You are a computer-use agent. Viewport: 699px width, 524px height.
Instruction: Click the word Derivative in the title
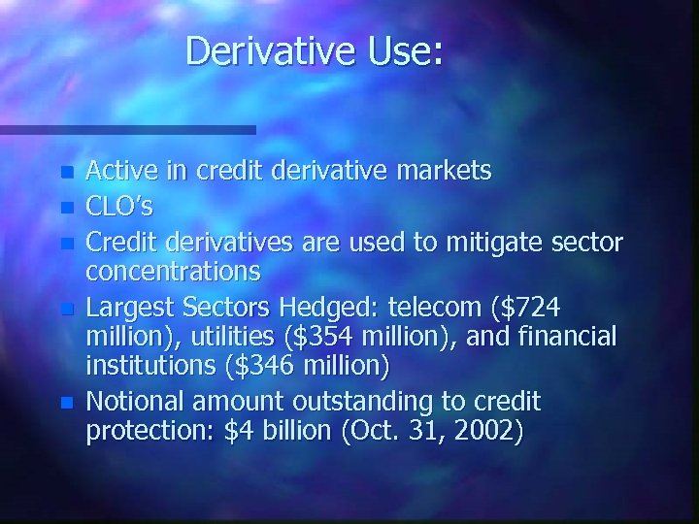tap(273, 50)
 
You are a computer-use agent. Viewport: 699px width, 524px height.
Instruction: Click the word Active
tap(121, 173)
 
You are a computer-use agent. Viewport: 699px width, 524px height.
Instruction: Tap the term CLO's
tap(119, 207)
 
